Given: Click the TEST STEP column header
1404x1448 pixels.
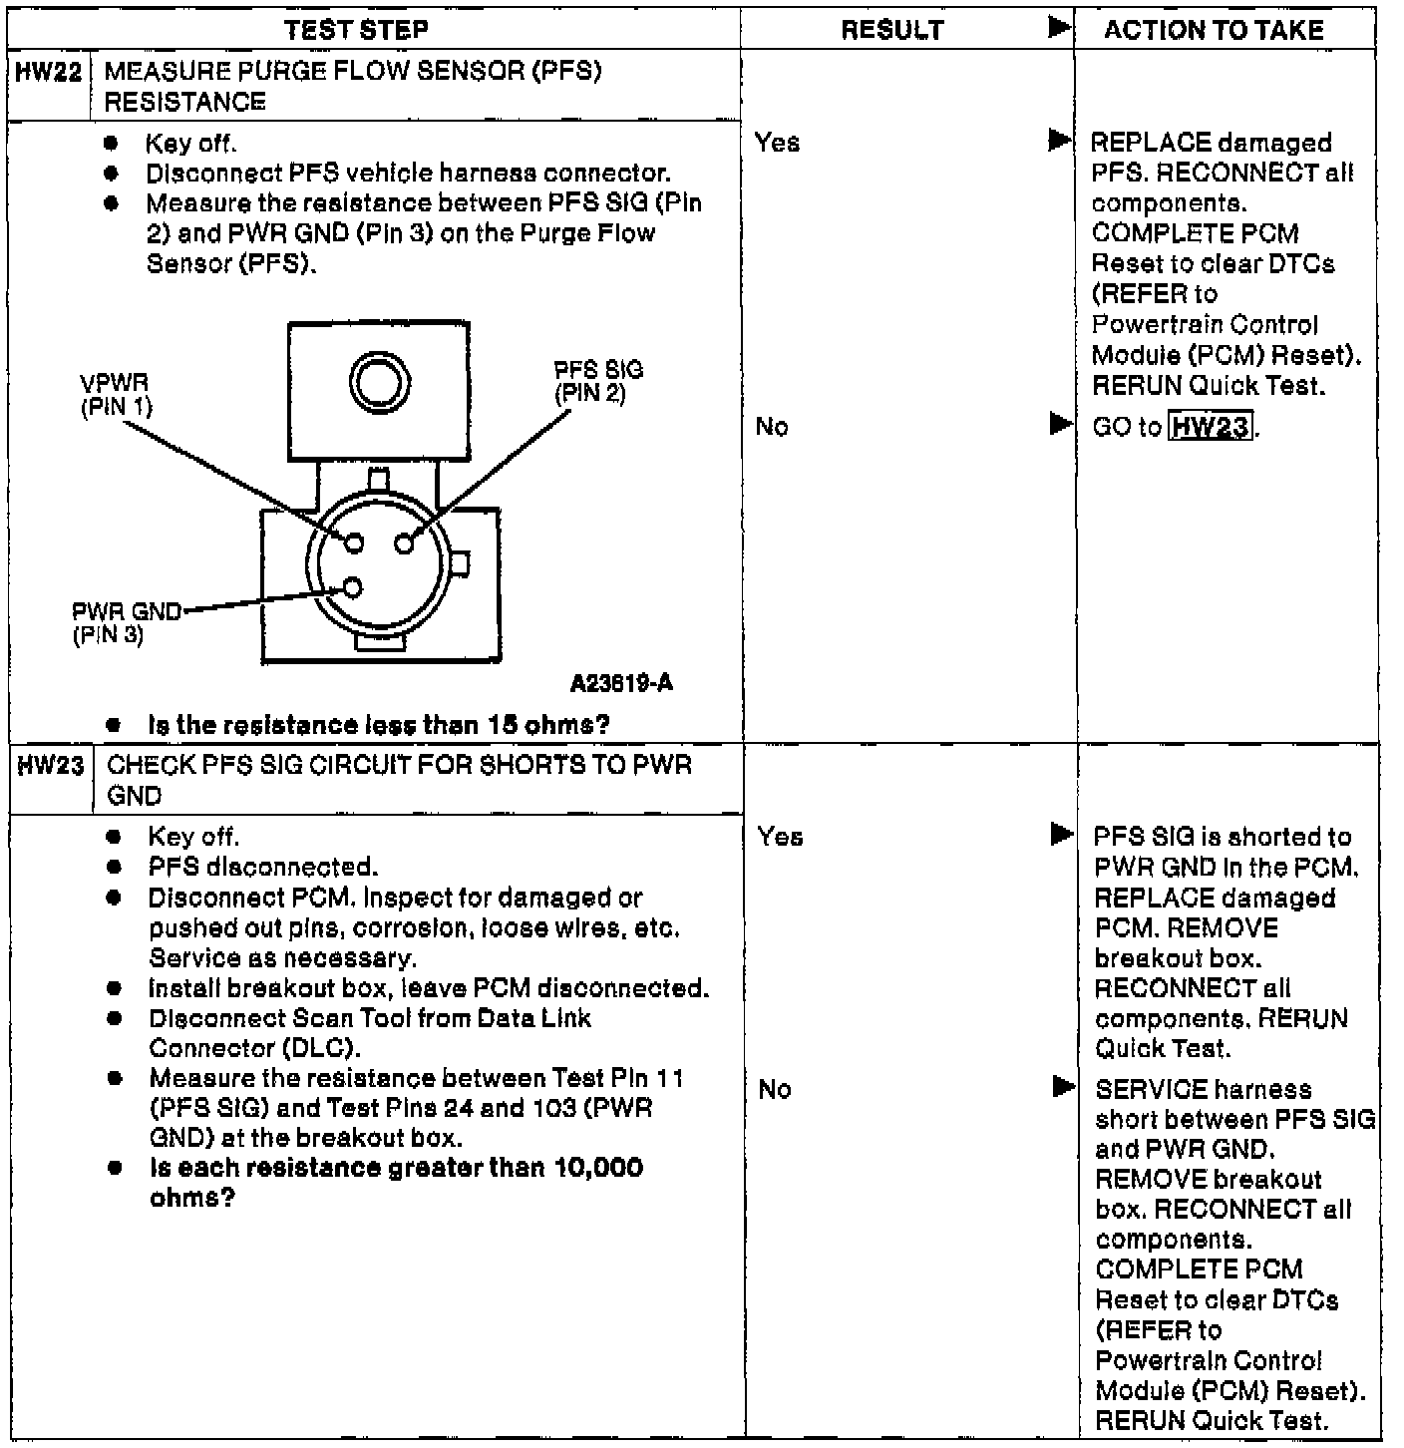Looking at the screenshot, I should (356, 30).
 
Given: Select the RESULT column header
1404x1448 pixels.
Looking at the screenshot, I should (891, 30).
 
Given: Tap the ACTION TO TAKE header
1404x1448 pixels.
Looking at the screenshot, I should (1214, 30).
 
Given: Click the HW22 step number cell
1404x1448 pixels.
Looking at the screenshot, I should (48, 72).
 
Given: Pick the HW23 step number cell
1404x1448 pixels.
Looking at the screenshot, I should (50, 766).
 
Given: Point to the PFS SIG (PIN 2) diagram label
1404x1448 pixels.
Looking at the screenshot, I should (598, 381).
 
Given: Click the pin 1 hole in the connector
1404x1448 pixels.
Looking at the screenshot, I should (353, 543).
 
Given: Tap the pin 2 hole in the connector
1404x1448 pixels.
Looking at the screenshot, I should (404, 543).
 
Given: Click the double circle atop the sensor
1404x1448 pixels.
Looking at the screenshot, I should (378, 381).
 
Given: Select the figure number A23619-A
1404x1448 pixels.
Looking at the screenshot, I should (621, 683).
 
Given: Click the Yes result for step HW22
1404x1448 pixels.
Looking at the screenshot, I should (777, 143).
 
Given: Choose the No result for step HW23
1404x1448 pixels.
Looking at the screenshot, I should (774, 1089).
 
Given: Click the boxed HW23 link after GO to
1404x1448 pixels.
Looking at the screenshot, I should (1211, 427).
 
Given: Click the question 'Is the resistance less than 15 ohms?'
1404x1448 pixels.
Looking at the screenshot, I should (378, 725).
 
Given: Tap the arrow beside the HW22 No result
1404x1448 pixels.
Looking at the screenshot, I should (1060, 426).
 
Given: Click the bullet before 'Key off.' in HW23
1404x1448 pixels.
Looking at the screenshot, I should (115, 837).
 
